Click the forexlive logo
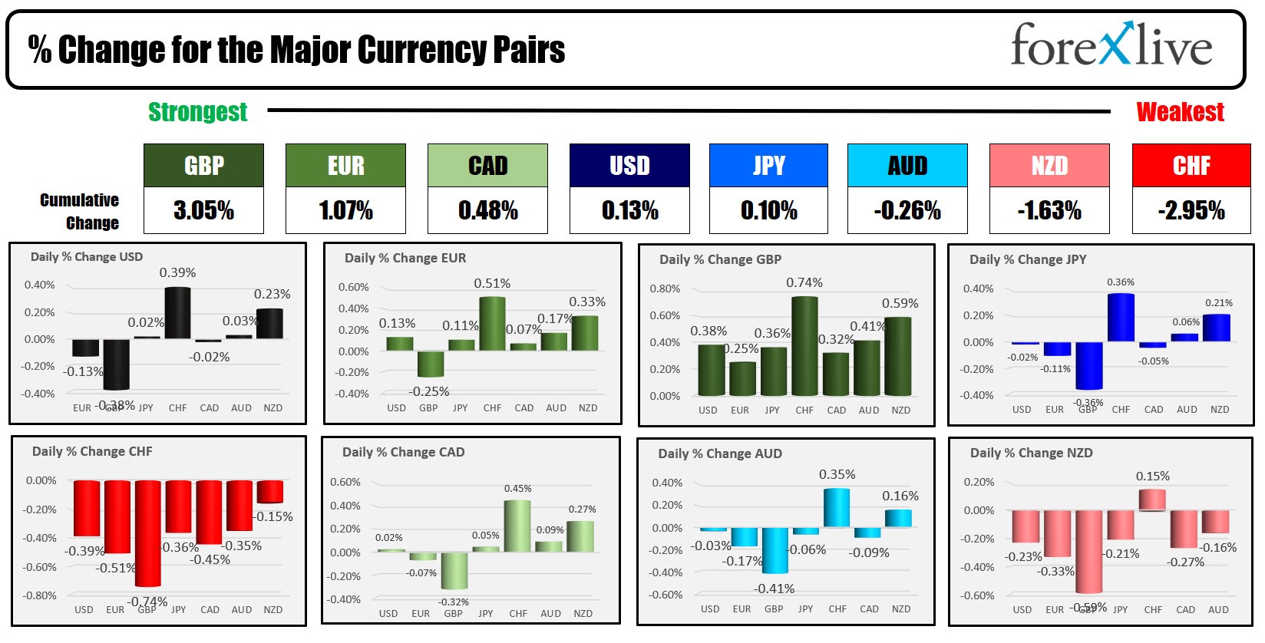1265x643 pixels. click(1111, 46)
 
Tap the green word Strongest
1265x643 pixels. click(197, 112)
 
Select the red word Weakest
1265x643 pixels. click(1180, 112)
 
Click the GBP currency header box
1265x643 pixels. click(203, 166)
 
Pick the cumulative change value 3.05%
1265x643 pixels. click(203, 210)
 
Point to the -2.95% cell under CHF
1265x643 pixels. click(1191, 210)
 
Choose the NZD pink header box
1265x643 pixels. click(1049, 166)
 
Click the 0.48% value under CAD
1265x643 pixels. click(487, 210)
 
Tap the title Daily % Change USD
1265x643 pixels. click(87, 257)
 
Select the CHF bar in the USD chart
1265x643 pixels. click(177, 312)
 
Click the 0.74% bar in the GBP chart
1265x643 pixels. click(804, 346)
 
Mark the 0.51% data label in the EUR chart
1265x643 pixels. click(492, 284)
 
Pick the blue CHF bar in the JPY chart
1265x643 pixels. click(1121, 317)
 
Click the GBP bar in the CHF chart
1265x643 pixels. click(147, 533)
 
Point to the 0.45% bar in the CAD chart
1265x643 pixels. click(517, 526)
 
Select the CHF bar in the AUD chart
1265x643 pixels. click(837, 507)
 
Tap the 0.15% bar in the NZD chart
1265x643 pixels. click(1152, 500)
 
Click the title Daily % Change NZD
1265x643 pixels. click(1031, 453)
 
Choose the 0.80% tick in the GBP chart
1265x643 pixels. click(665, 289)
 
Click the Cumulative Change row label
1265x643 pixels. click(80, 211)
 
